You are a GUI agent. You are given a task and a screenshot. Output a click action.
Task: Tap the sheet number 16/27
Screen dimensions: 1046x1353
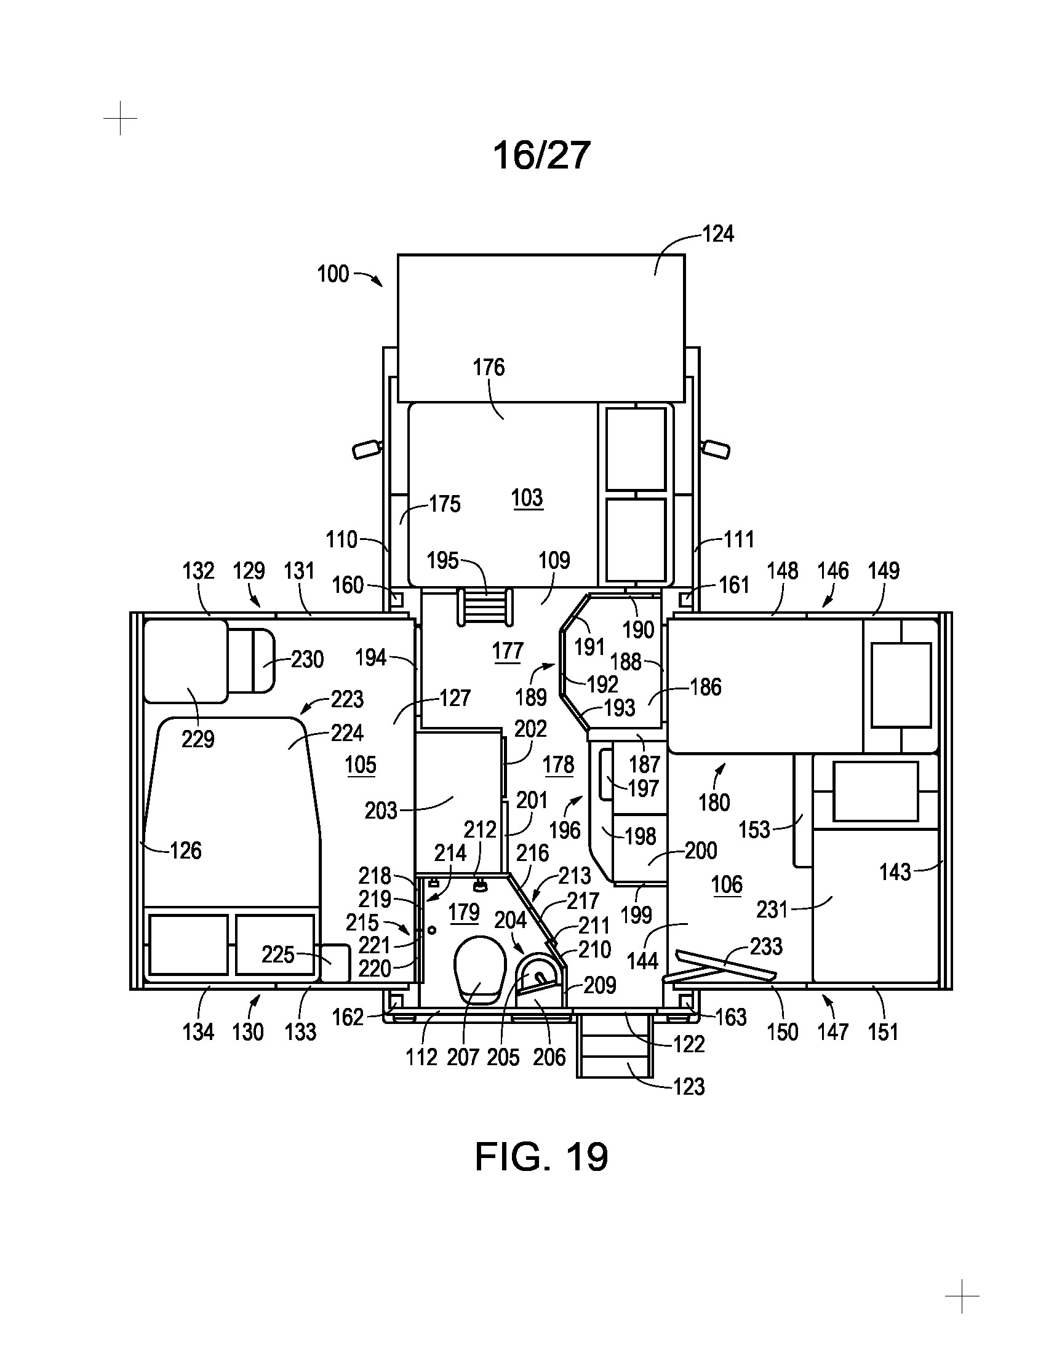coord(541,155)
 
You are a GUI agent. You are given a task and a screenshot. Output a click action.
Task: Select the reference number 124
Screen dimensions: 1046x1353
coord(717,234)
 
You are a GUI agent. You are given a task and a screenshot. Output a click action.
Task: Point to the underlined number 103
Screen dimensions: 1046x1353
coord(527,498)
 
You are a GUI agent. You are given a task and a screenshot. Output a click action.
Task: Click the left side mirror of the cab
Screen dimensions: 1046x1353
coord(366,448)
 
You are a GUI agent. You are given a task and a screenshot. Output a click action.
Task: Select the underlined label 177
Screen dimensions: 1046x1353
coord(508,652)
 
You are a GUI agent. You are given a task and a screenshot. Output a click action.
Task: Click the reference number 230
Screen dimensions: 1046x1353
coord(308,659)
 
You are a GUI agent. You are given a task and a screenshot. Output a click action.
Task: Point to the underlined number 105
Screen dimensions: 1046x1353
coord(361,765)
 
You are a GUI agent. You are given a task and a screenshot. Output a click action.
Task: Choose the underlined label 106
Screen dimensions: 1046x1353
coord(727,884)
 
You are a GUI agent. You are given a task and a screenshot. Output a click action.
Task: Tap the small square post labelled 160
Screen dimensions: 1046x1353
coord(397,599)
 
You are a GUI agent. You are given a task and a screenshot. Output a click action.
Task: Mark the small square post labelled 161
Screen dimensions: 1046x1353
coord(686,599)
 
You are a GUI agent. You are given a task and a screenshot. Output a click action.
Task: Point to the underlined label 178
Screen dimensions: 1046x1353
coord(558,765)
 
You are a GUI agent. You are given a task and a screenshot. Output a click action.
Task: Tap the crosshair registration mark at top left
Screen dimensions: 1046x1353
coord(120,117)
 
